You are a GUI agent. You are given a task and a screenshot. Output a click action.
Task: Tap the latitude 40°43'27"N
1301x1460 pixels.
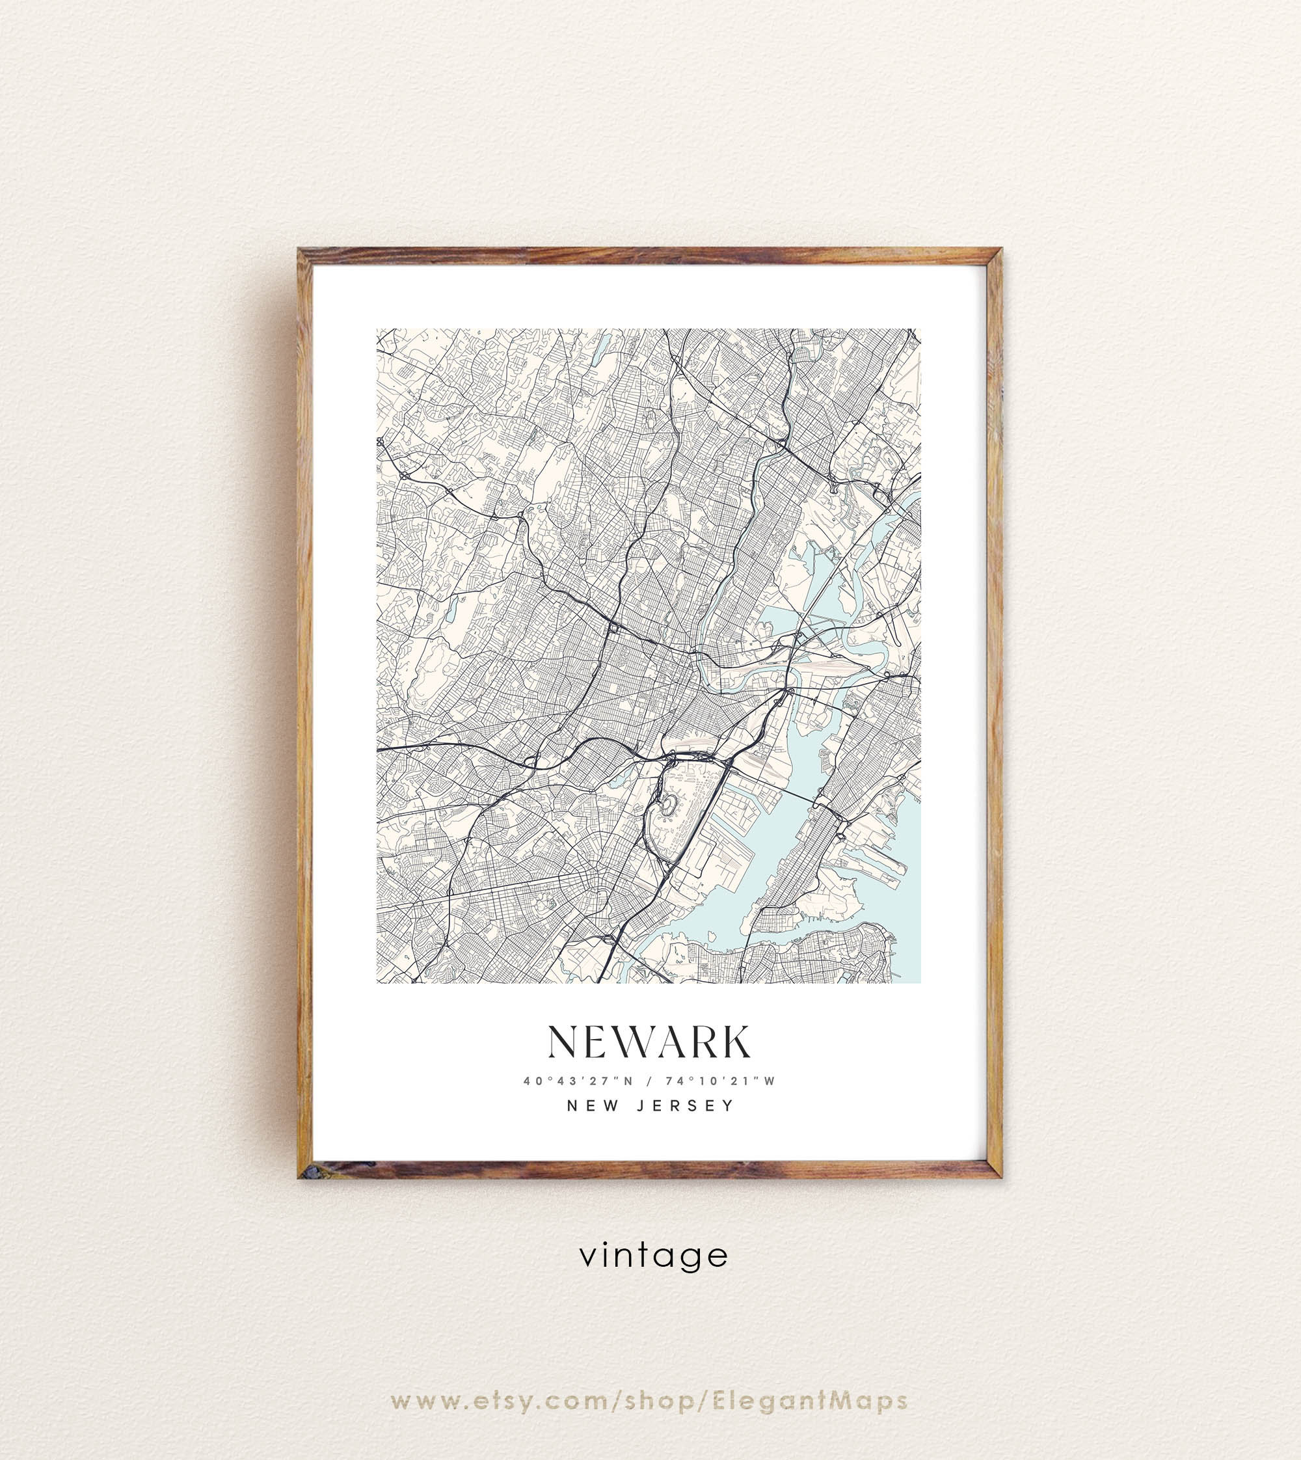click(x=578, y=1082)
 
